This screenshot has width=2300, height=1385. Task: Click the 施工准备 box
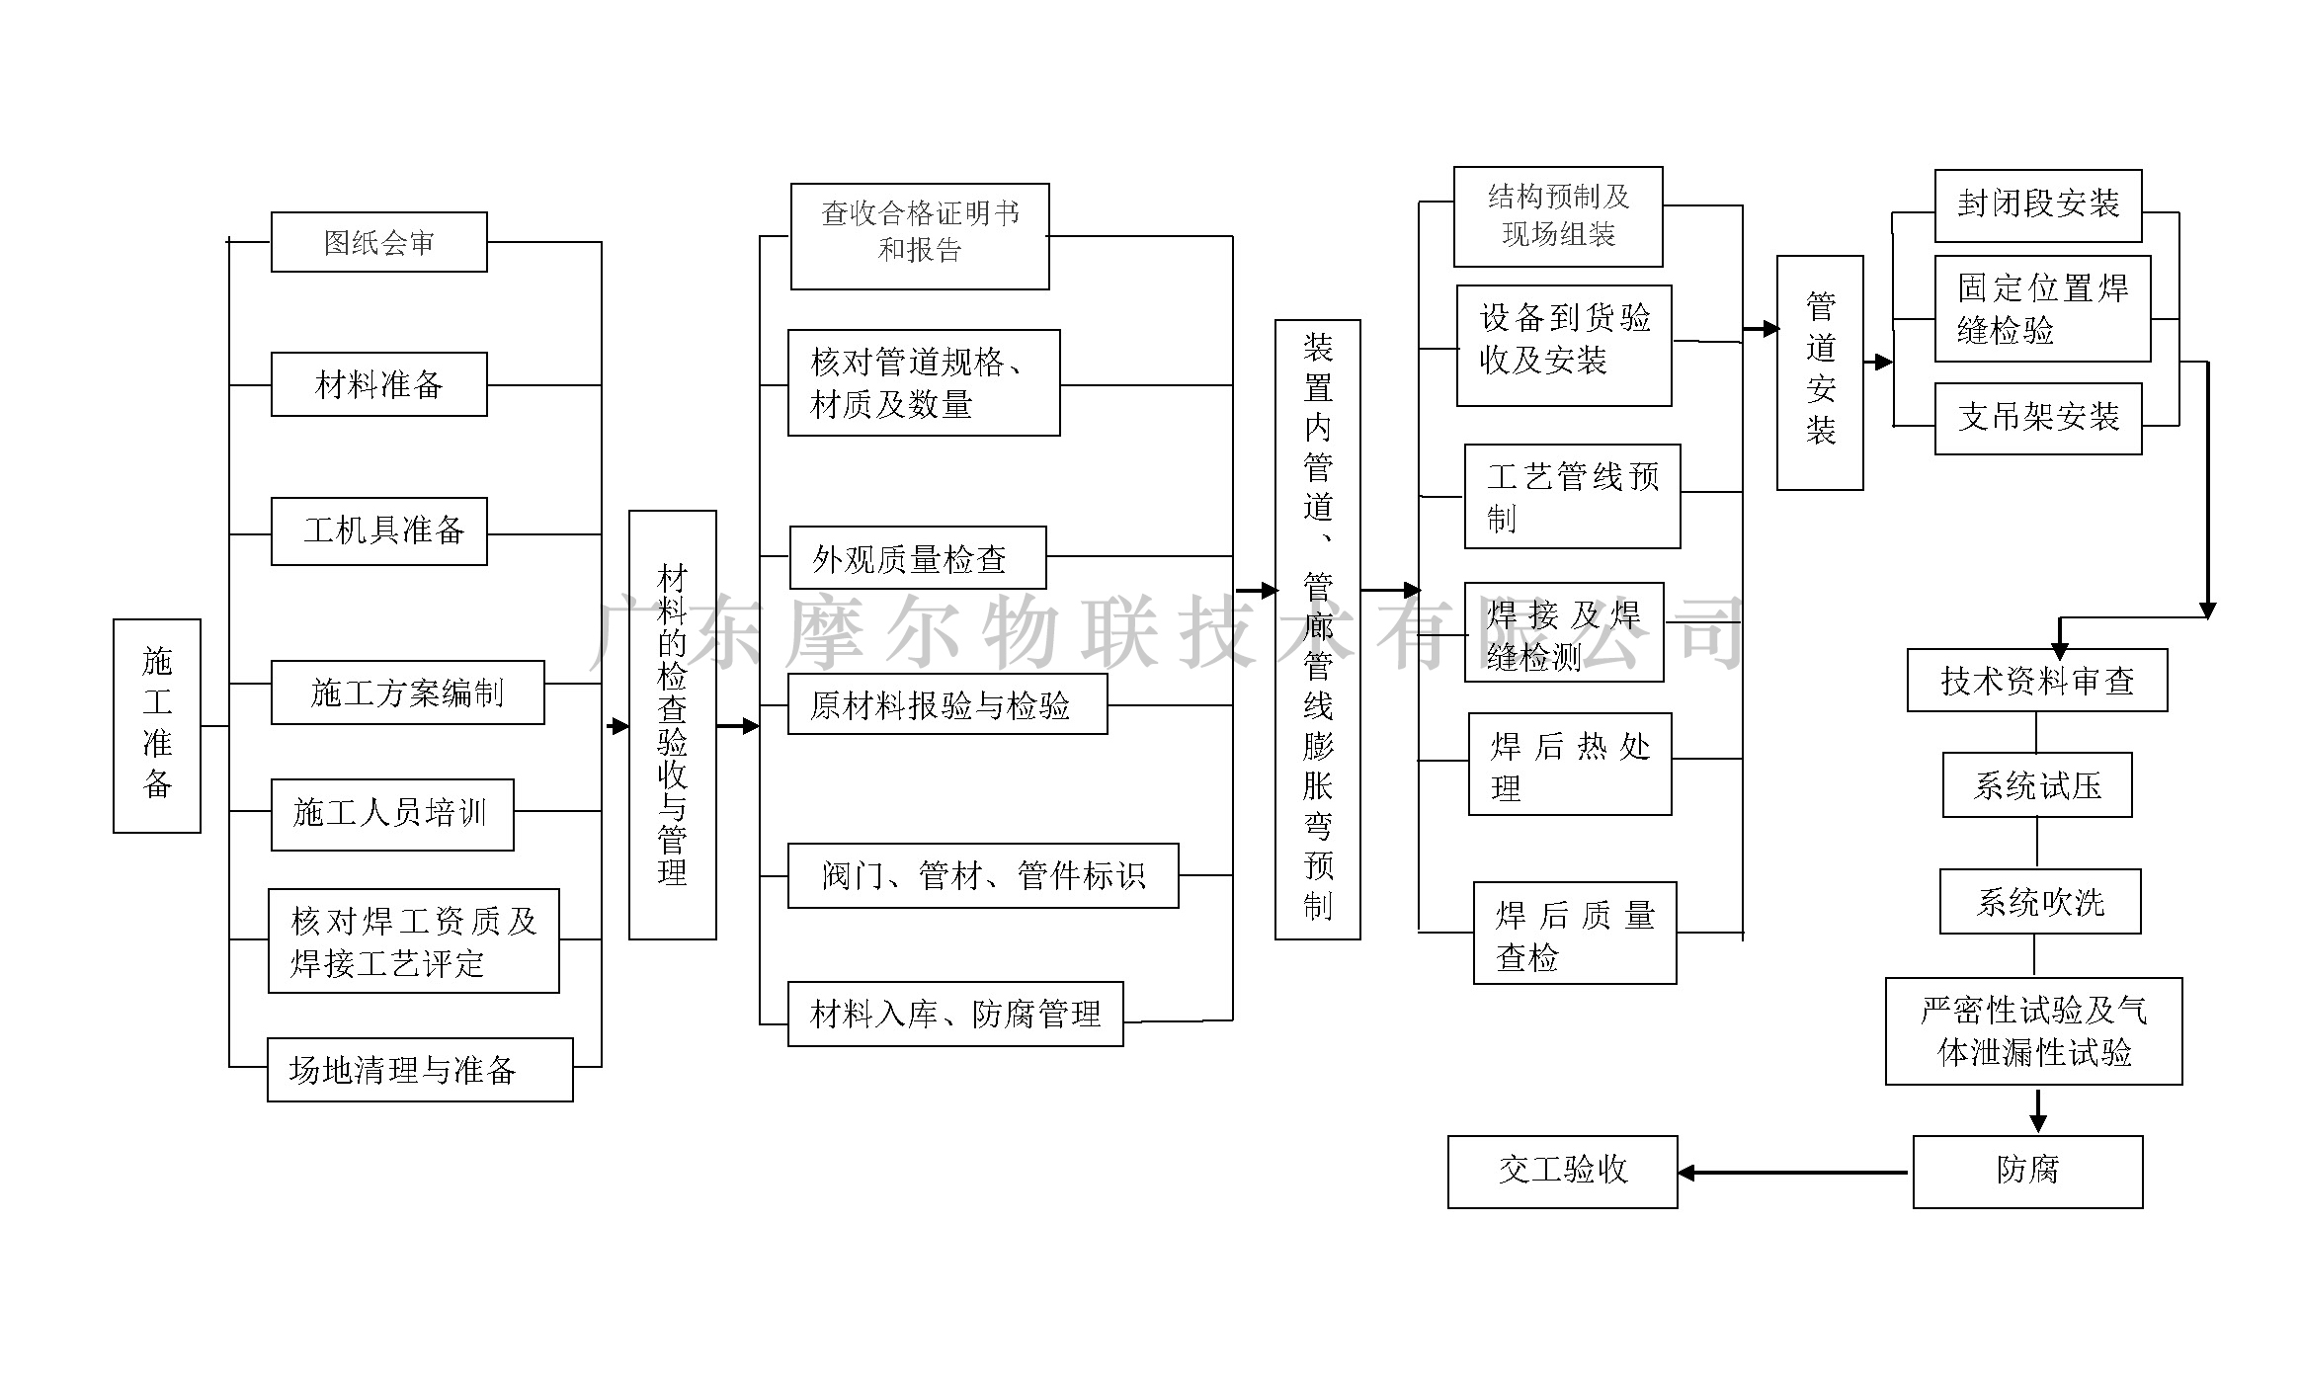pyautogui.click(x=157, y=726)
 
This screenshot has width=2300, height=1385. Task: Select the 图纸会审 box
pyautogui.click(x=378, y=242)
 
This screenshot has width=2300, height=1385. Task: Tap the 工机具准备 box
pyautogui.click(x=378, y=531)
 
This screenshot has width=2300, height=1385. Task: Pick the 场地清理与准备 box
pyautogui.click(x=420, y=1070)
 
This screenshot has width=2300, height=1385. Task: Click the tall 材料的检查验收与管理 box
pyautogui.click(x=672, y=724)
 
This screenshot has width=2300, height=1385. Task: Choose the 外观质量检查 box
pyautogui.click(x=917, y=558)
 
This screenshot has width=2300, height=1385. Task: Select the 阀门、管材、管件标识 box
pyautogui.click(x=982, y=875)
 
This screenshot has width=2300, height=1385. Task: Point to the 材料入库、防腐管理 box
pyautogui.click(x=954, y=1014)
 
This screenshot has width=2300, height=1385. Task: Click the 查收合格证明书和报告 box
pyautogui.click(x=919, y=236)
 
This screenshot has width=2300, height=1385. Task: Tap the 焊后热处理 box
pyautogui.click(x=1569, y=764)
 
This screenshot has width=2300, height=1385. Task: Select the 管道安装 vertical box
pyautogui.click(x=1819, y=372)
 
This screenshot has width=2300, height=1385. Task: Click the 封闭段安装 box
pyautogui.click(x=2037, y=205)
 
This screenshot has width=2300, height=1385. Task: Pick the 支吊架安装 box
pyautogui.click(x=2037, y=419)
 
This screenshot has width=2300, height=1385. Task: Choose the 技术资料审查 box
pyautogui.click(x=2036, y=681)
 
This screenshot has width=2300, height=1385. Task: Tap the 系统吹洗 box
pyautogui.click(x=2039, y=902)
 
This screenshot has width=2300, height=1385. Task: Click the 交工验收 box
pyautogui.click(x=1562, y=1172)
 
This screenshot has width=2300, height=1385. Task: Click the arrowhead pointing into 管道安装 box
pyautogui.click(x=1768, y=329)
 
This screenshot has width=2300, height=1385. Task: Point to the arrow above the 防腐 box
pyautogui.click(x=2037, y=1110)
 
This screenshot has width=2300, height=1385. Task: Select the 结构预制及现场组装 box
pyautogui.click(x=1557, y=216)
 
